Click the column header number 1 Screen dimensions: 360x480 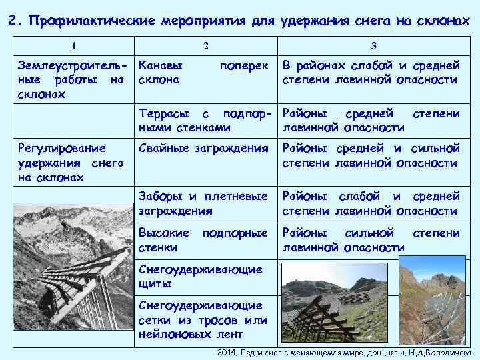tap(73, 45)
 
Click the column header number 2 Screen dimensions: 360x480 tap(205, 45)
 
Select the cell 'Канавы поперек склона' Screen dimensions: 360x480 tap(204, 73)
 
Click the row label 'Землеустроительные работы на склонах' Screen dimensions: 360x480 tap(72, 80)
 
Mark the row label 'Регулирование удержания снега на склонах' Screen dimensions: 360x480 tap(72, 162)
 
